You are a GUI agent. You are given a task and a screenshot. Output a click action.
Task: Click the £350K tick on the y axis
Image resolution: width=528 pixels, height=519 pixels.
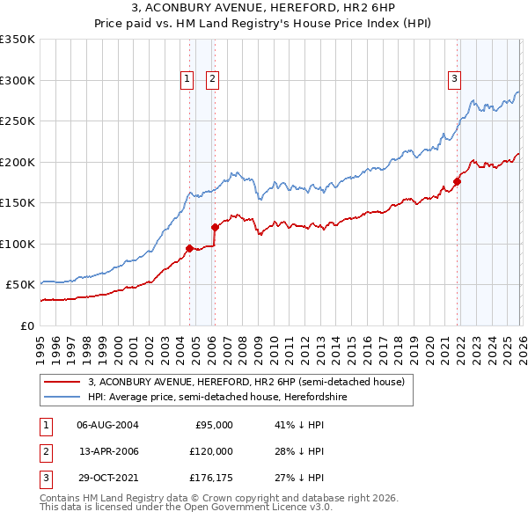18,40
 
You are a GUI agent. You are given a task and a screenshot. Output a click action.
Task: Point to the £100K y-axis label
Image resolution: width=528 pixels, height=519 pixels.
18,244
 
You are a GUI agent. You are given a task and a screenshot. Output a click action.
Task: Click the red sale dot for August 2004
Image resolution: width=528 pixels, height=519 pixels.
189,248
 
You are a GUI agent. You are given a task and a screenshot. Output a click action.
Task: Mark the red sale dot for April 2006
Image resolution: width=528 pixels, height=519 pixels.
215,227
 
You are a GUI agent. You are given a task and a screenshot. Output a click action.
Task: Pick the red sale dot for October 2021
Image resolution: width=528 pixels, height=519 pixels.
457,182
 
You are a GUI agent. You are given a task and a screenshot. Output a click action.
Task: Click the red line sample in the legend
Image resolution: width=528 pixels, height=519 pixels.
63,382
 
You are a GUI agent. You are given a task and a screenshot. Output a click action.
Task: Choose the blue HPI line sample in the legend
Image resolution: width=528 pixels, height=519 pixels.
63,397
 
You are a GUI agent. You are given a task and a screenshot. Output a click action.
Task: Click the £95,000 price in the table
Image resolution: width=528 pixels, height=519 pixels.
214,425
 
